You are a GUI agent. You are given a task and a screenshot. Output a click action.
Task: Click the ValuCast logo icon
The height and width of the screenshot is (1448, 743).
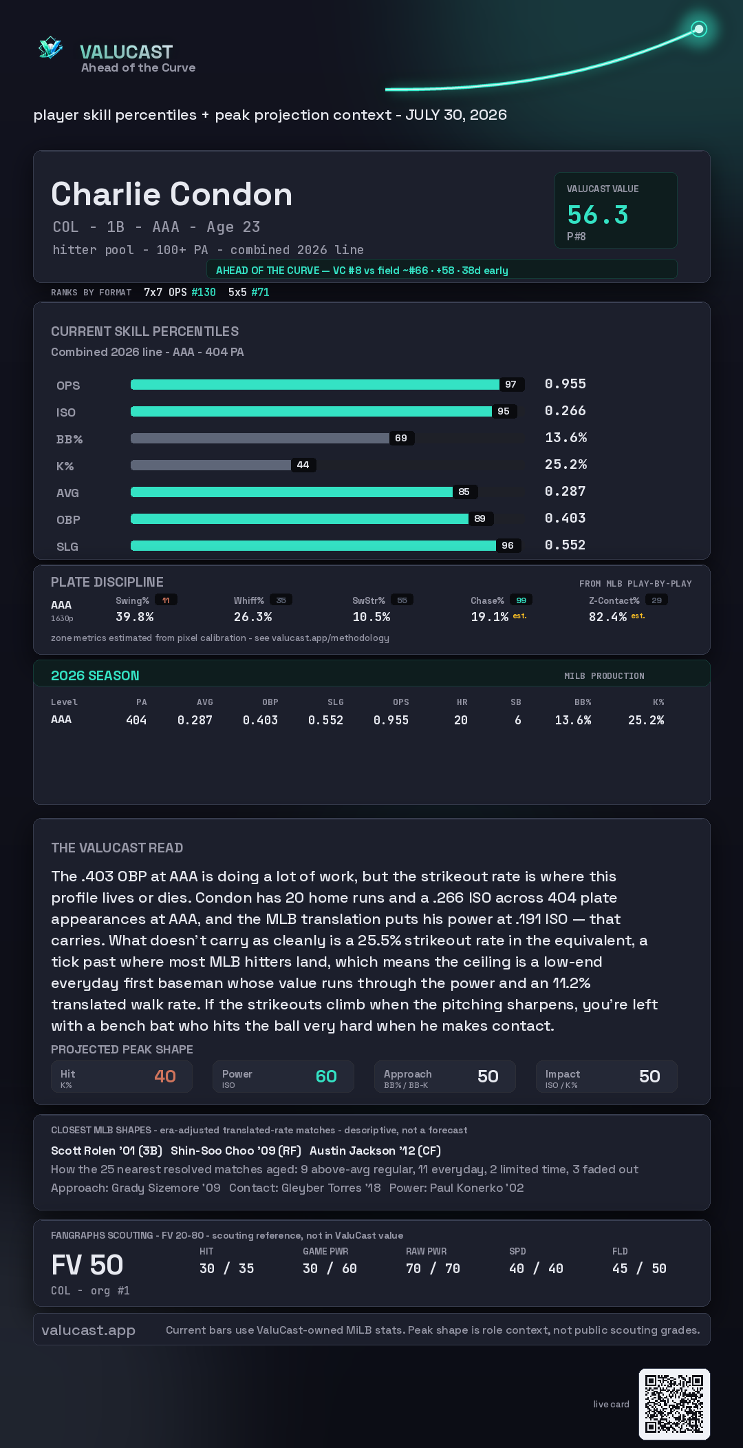(50, 48)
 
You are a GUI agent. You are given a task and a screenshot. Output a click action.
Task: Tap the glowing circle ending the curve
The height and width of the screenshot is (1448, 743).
(699, 29)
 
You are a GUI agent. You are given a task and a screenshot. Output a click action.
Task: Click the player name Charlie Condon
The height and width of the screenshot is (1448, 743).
(172, 194)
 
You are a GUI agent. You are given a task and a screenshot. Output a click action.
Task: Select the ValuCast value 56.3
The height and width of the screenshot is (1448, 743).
(598, 215)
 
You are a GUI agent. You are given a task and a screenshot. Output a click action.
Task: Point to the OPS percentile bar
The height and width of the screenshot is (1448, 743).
(315, 384)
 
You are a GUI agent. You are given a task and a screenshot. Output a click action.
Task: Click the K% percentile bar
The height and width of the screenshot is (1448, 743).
(211, 465)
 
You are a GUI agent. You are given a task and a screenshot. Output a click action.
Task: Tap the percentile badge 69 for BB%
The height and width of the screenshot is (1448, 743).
(401, 438)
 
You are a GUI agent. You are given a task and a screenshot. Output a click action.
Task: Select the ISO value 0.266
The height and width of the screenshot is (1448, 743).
(566, 410)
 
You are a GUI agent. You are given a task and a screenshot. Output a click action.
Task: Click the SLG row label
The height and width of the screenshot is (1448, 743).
(67, 547)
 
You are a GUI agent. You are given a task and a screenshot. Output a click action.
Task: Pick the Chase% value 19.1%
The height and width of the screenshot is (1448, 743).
(490, 617)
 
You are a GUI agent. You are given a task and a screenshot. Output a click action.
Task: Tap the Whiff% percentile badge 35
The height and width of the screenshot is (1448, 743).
(281, 600)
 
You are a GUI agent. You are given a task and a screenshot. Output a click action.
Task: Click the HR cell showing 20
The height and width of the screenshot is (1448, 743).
(461, 720)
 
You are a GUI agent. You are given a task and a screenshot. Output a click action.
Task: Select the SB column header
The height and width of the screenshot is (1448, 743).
(516, 702)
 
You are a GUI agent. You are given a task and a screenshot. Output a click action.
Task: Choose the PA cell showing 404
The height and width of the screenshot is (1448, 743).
(136, 720)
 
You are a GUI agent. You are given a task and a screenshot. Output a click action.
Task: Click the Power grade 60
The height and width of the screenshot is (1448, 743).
(326, 1076)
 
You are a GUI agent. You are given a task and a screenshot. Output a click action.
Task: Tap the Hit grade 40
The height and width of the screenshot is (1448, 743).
(165, 1076)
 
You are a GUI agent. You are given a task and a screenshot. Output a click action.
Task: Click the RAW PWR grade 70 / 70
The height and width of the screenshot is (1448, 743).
(433, 1268)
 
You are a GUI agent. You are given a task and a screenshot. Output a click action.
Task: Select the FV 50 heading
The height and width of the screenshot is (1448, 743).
(87, 1265)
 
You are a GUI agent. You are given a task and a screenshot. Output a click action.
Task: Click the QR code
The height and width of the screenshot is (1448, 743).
(674, 1404)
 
